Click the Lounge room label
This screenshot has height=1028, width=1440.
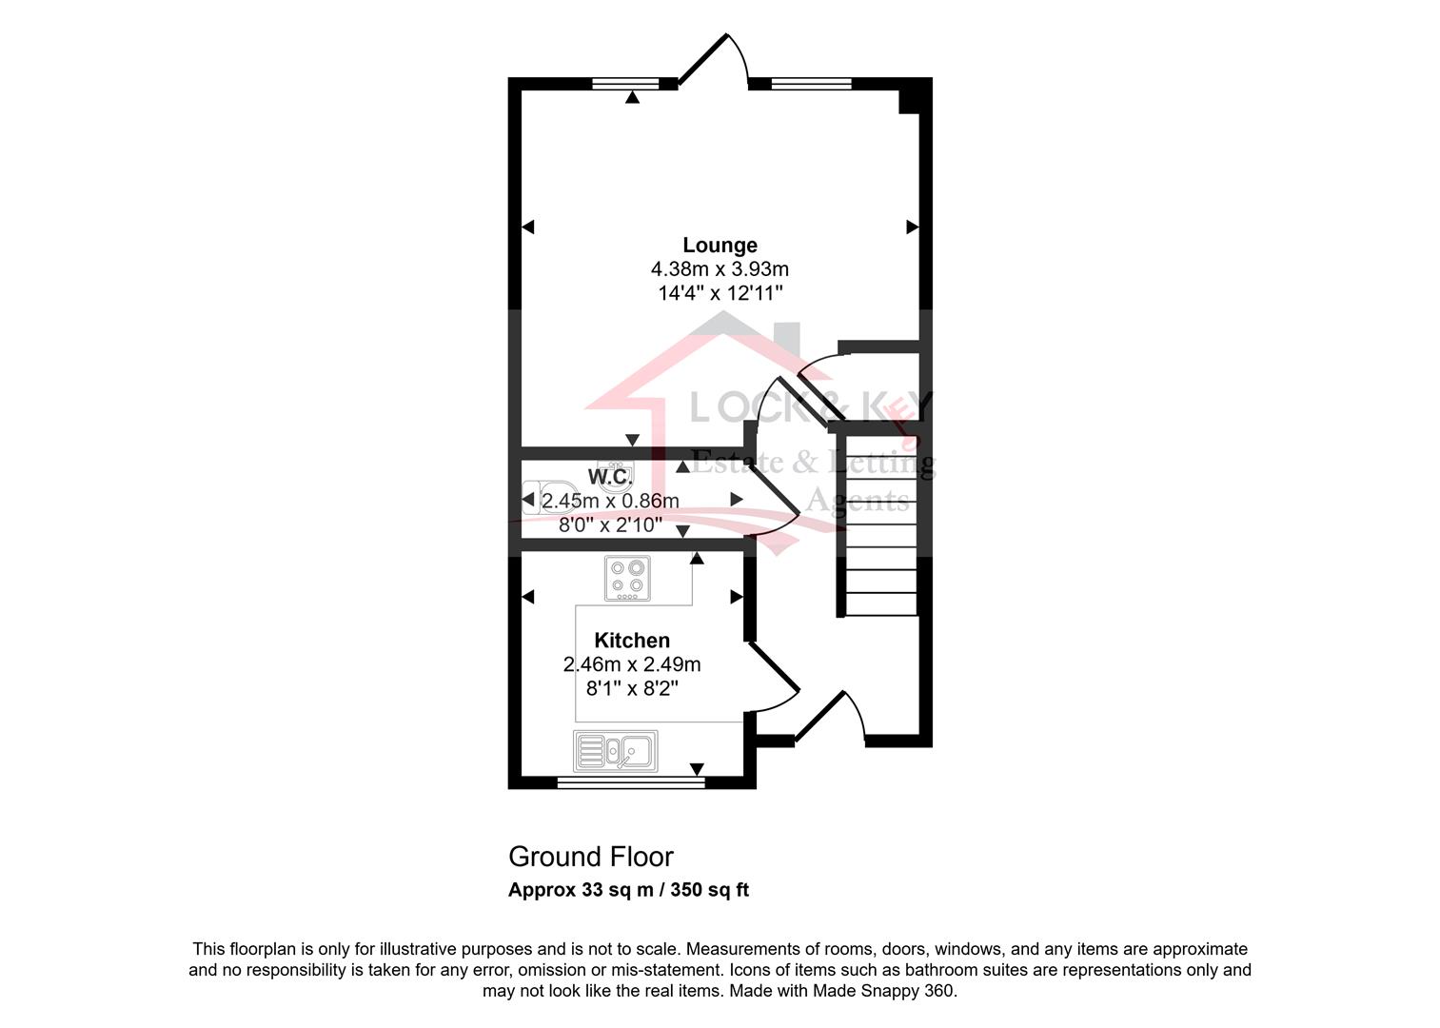pyautogui.click(x=720, y=245)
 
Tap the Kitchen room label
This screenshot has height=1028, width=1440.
pyautogui.click(x=632, y=641)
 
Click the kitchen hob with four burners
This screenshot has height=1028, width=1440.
pyautogui.click(x=627, y=578)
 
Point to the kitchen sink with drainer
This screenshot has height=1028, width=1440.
pyautogui.click(x=615, y=751)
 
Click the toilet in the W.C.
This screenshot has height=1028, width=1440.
pyautogui.click(x=539, y=497)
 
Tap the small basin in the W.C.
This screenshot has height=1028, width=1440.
pyautogui.click(x=615, y=471)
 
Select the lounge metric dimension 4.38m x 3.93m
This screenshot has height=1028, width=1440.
pyautogui.click(x=720, y=268)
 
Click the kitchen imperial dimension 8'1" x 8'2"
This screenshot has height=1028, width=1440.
pyautogui.click(x=632, y=688)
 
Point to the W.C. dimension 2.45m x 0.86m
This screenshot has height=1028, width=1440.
pyautogui.click(x=610, y=500)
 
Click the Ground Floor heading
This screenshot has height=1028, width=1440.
pyautogui.click(x=591, y=857)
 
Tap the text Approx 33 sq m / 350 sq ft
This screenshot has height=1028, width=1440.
pyautogui.click(x=629, y=890)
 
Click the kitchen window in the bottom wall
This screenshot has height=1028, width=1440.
pyautogui.click(x=631, y=782)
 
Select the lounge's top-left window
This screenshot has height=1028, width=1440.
pyautogui.click(x=625, y=84)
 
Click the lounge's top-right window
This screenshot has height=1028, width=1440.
pyautogui.click(x=811, y=84)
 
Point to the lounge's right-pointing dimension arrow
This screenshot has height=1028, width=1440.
pyautogui.click(x=912, y=227)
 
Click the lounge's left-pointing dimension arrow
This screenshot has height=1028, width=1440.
pyautogui.click(x=528, y=227)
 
